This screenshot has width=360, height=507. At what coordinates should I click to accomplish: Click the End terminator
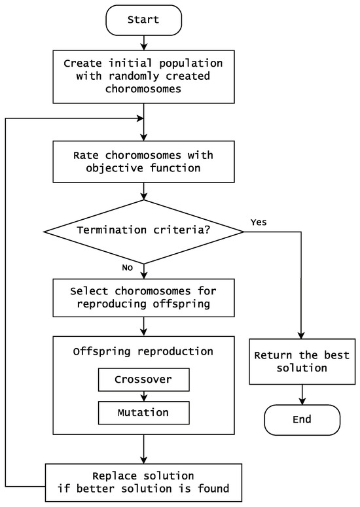click(302, 419)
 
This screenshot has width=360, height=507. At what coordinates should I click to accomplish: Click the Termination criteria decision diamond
click(143, 230)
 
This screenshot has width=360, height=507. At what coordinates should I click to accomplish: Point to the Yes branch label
click(258, 222)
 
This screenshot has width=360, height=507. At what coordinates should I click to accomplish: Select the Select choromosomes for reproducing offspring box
click(143, 296)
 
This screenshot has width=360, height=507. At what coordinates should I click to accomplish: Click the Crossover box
click(143, 379)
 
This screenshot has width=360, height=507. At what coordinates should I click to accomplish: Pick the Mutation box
click(143, 413)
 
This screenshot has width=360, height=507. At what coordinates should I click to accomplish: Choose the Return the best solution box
click(302, 361)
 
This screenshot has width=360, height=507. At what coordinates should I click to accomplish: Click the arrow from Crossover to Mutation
click(143, 396)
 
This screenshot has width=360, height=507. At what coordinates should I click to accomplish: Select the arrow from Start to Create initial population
click(143, 43)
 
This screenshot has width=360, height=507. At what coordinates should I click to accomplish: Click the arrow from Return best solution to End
click(302, 394)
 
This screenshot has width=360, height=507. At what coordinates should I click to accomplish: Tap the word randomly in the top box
click(117, 76)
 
